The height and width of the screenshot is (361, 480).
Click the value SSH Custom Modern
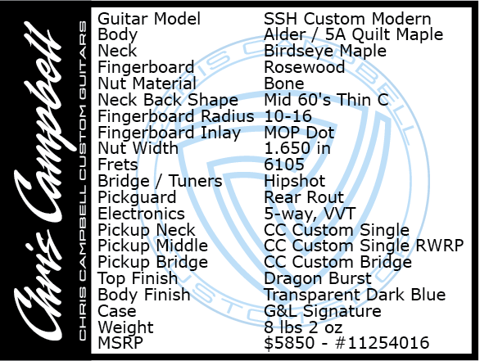coord(347,19)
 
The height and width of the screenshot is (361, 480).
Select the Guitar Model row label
coord(149,19)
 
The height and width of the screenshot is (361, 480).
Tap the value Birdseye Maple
coord(325,51)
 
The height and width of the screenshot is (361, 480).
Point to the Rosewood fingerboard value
coord(304,67)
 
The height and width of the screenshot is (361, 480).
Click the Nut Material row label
coord(147,83)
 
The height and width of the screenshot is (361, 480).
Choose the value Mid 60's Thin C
coord(326,100)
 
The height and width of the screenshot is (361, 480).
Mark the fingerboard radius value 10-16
coord(288,116)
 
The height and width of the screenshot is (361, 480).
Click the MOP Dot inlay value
coord(299,133)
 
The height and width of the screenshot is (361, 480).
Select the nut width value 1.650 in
coord(297,148)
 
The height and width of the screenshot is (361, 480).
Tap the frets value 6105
coord(284,165)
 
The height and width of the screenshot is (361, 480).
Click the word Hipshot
coord(295,181)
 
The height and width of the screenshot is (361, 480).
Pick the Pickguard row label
coord(137,197)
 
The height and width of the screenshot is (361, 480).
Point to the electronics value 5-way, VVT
coord(310,214)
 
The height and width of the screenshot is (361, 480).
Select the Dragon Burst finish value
coord(318,278)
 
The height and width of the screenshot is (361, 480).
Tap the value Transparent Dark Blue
coord(355,295)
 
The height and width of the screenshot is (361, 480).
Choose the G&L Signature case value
coord(323,311)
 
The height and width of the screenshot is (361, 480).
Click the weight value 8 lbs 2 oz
coord(303,327)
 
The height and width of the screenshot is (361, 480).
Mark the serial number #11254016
coord(383,343)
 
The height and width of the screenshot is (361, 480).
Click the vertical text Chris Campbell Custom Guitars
coord(83,181)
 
